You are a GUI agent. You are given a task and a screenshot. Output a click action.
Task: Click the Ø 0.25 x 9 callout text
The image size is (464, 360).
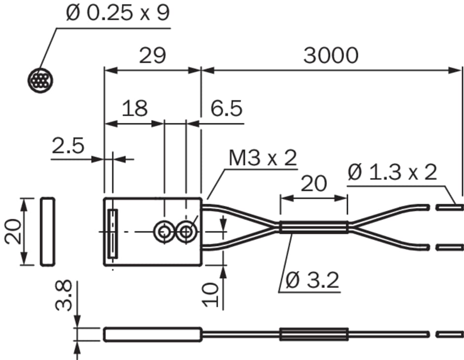118,13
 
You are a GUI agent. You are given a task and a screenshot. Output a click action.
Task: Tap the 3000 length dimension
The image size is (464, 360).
331,55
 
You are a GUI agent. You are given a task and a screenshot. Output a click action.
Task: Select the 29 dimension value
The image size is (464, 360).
153,55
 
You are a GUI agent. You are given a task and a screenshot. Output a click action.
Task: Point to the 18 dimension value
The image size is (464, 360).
135,108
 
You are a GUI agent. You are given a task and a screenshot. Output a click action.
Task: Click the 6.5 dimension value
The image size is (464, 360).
227,108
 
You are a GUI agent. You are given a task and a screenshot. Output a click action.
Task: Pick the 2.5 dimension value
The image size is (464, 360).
68,145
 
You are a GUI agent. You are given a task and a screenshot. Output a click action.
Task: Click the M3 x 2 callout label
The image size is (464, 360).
263,158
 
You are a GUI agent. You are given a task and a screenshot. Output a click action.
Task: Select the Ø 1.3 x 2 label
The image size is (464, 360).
392,172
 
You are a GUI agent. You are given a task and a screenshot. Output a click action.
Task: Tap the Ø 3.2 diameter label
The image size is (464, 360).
312,280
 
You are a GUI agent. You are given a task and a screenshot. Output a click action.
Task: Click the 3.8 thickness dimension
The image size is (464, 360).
64,295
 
